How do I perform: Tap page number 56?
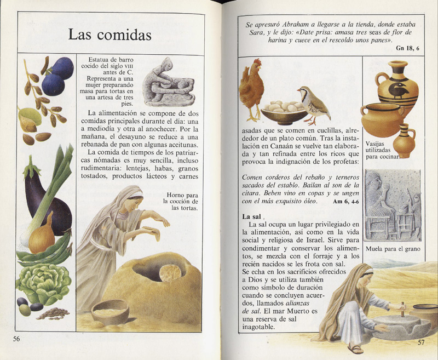(16, 339)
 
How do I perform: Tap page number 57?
(420, 342)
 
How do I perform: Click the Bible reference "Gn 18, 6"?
(408, 49)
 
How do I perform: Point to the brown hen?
(251, 88)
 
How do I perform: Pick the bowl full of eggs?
(283, 113)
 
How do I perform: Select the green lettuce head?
(44, 282)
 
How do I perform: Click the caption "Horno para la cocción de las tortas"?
(183, 201)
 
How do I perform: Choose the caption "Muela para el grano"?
(393, 249)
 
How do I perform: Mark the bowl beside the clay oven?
(109, 312)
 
